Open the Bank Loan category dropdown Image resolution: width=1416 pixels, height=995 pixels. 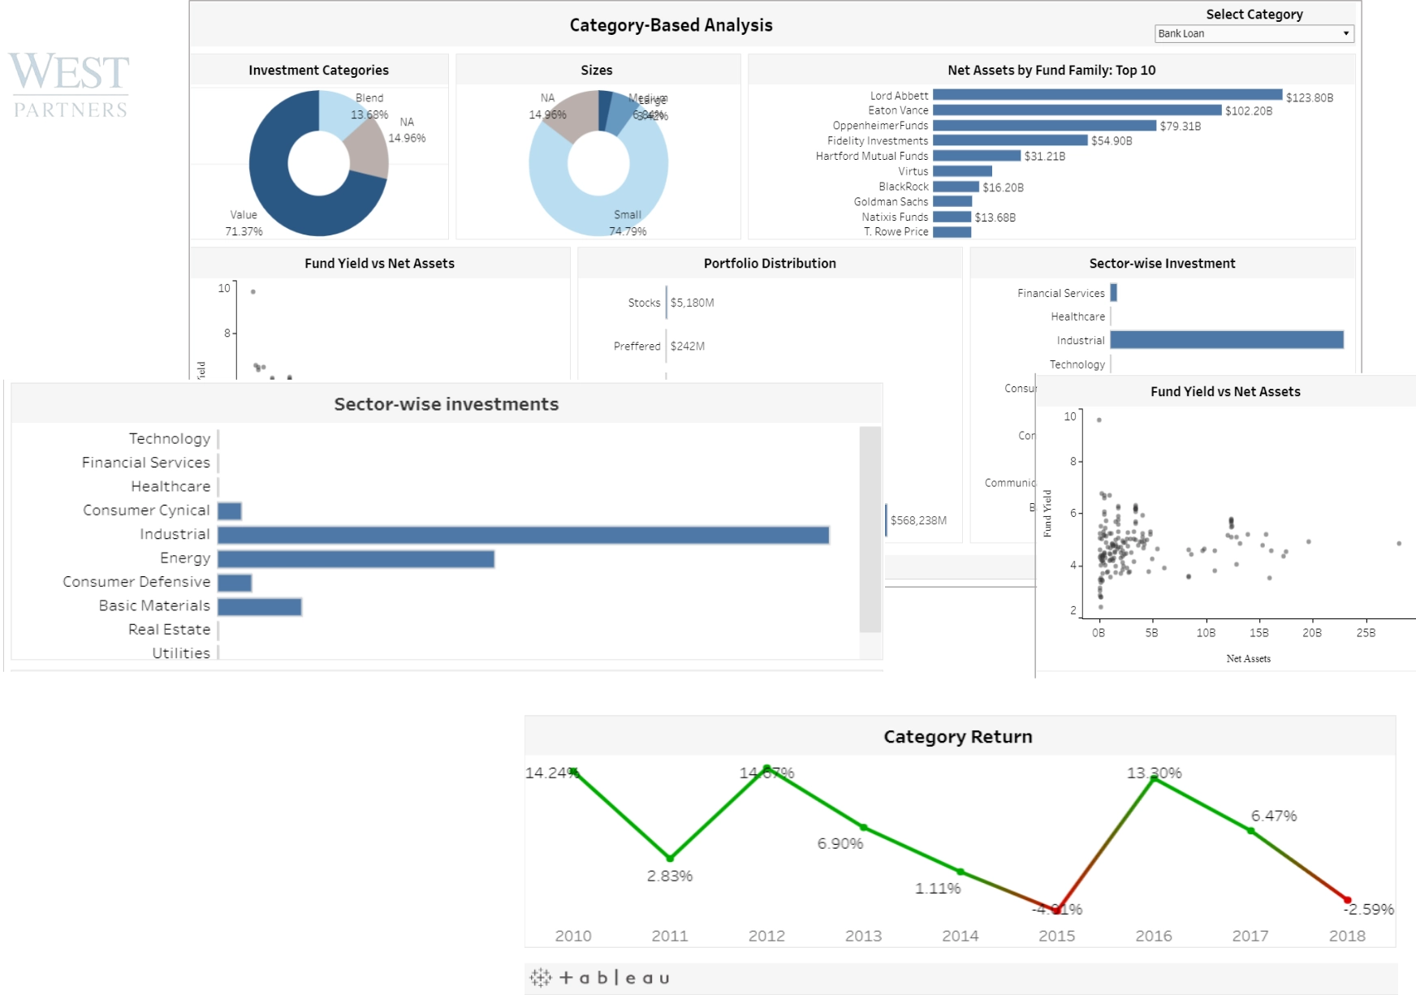tap(1254, 33)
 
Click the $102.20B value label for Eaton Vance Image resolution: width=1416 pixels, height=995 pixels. tap(1248, 111)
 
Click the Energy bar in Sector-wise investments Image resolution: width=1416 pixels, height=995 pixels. tap(356, 559)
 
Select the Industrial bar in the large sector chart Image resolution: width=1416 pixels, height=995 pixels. tap(523, 535)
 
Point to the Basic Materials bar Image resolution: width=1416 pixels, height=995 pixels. tap(259, 607)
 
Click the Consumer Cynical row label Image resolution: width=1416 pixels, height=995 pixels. tap(146, 510)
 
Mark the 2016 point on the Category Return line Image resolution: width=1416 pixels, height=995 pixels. tap(1154, 778)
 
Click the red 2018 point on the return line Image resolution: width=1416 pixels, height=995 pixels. tap(1347, 900)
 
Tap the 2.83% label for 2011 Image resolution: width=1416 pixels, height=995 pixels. tap(669, 877)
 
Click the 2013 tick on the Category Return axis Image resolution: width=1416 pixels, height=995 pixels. tap(863, 936)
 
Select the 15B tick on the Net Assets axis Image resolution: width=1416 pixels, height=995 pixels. tap(1258, 633)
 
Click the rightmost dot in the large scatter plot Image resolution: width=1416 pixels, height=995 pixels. tap(1399, 544)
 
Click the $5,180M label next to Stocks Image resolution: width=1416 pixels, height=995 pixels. tap(692, 303)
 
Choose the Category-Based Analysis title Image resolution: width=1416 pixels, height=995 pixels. tap(671, 25)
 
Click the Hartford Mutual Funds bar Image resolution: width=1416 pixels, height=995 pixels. tap(976, 156)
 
